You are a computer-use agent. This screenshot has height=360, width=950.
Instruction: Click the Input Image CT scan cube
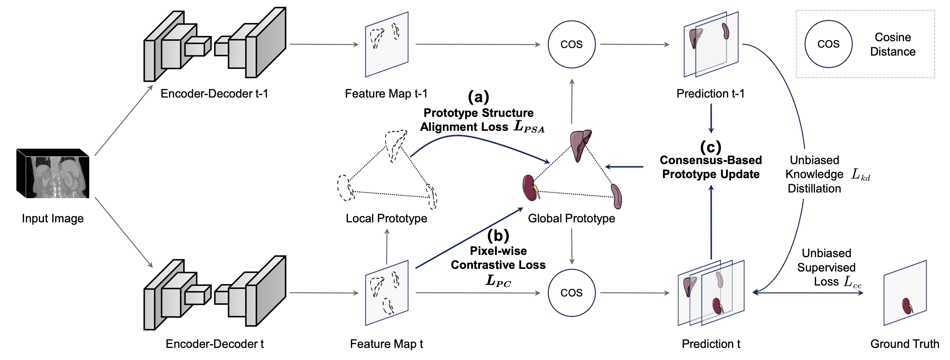click(53, 174)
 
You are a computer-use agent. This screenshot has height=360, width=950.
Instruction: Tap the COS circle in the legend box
click(828, 44)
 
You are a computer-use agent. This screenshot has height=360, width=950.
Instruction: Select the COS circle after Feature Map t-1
click(571, 44)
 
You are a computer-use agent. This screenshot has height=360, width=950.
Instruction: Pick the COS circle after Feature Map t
click(571, 293)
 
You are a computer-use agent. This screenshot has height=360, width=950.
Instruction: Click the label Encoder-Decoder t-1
click(214, 93)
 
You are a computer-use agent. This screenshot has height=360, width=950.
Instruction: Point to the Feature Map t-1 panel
click(387, 44)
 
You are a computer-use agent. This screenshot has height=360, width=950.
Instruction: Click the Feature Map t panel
click(387, 293)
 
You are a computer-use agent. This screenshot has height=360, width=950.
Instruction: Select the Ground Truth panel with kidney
click(905, 293)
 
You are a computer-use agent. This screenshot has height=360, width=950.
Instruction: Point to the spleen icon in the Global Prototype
click(616, 196)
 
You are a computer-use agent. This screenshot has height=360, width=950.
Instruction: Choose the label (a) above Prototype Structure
click(478, 97)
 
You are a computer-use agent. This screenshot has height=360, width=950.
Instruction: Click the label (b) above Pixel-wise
click(498, 236)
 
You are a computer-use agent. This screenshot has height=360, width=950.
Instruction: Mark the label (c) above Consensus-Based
click(711, 147)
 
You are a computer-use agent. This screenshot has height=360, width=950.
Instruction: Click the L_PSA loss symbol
click(529, 126)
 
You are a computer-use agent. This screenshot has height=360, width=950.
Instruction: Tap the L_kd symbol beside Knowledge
click(861, 175)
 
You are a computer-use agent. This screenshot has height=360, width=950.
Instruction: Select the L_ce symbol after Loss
click(853, 282)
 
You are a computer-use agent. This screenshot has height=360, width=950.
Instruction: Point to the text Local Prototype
click(387, 218)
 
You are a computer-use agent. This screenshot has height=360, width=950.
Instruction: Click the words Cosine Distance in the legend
click(893, 44)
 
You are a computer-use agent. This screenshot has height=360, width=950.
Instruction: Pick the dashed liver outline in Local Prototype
click(396, 146)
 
